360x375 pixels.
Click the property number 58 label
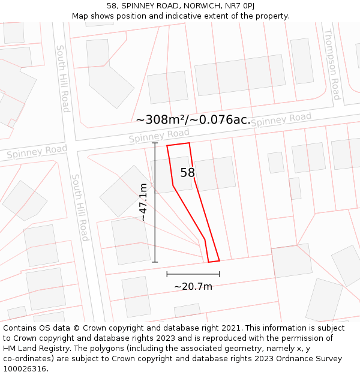tap(188, 173)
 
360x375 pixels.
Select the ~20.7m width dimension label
tap(193, 287)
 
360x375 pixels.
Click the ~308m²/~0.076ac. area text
tap(193, 119)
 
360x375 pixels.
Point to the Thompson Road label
tap(332, 64)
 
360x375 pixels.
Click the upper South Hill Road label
tap(63, 78)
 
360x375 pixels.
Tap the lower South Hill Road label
tap(80, 208)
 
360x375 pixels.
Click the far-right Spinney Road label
tap(281, 120)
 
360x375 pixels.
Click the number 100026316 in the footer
tap(25, 368)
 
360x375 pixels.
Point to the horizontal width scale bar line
tap(193, 274)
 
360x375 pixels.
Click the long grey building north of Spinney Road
tap(240, 75)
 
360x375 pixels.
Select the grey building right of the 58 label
tap(215, 173)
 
